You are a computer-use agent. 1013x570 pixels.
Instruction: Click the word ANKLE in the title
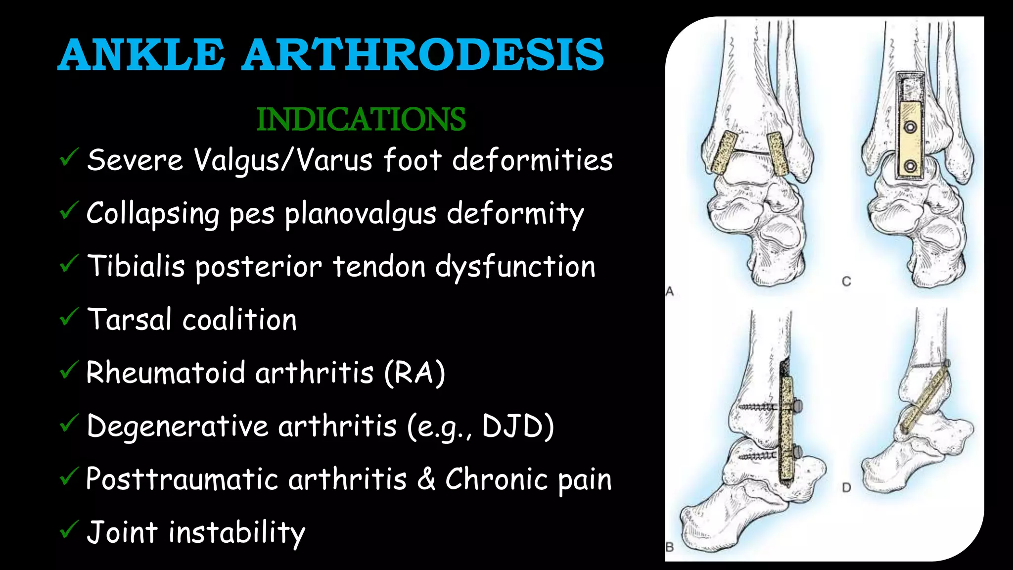pyautogui.click(x=141, y=54)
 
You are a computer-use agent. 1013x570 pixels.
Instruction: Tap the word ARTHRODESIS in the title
pyautogui.click(x=423, y=54)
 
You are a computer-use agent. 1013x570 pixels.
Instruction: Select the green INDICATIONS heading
pyautogui.click(x=361, y=119)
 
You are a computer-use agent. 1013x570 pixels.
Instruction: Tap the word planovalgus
pyautogui.click(x=361, y=214)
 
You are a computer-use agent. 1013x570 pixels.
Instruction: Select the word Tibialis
pyautogui.click(x=136, y=266)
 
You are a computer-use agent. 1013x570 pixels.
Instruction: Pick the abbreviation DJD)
pyautogui.click(x=518, y=426)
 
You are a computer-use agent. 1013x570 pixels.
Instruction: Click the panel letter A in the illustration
pyautogui.click(x=670, y=291)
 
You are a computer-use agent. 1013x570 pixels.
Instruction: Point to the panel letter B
pyautogui.click(x=670, y=547)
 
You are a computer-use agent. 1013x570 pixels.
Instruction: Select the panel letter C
pyautogui.click(x=846, y=282)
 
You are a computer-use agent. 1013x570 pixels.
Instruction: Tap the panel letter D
pyautogui.click(x=846, y=487)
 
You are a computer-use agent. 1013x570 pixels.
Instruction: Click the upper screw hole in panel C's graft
pyautogui.click(x=910, y=127)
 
